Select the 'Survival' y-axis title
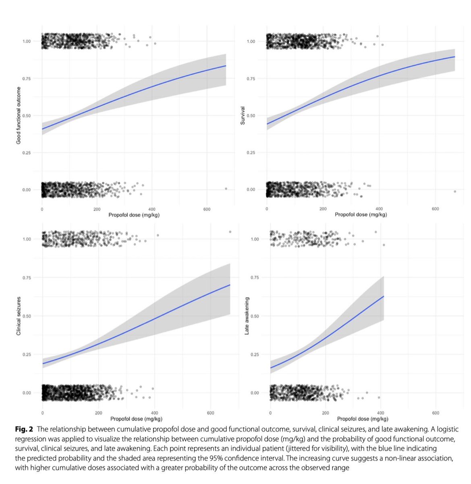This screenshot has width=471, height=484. pos(243,115)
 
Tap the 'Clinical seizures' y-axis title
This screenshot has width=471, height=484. pos(19,315)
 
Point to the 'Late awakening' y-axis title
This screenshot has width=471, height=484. pos(247,315)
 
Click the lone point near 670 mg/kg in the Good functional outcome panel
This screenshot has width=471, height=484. pos(226,188)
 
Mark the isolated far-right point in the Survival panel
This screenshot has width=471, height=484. pos(454,191)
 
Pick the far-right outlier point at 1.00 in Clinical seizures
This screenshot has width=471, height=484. pos(230,232)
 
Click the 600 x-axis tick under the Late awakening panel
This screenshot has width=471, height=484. pos(436,413)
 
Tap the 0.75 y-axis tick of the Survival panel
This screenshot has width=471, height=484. pos(251,78)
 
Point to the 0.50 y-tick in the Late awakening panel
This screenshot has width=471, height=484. pos(255,316)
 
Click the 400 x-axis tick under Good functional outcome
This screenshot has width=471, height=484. pos(151,209)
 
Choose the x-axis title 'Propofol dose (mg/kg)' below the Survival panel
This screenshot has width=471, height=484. pos(361,215)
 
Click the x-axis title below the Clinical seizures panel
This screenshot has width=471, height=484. pos(136,419)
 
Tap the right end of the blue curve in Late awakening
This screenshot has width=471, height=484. pos(384,296)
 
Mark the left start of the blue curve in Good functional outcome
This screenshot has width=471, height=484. pos(43,129)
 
